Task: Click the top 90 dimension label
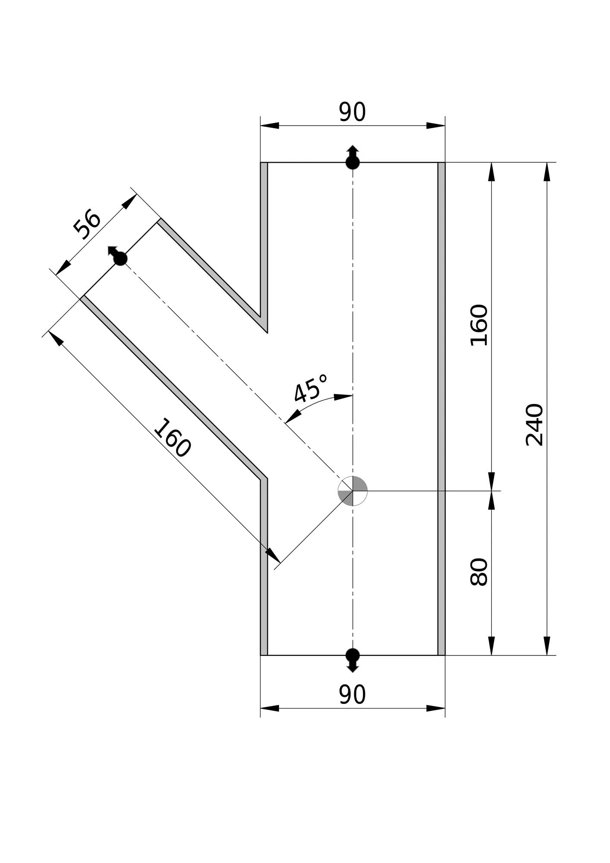coord(352,112)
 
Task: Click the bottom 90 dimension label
coord(352,695)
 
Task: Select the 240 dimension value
coord(535,425)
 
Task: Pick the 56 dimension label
coord(87,224)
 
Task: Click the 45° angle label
coord(310,387)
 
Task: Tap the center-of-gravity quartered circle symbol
coord(352,491)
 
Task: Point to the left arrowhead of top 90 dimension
coord(270,126)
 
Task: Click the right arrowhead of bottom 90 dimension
coord(436,708)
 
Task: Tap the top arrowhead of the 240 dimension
coord(547,172)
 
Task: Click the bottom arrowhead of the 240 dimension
coord(547,646)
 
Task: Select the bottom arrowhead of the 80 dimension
coord(491,646)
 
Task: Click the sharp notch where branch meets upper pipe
coord(267,332)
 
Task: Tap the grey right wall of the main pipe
coord(441,409)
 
